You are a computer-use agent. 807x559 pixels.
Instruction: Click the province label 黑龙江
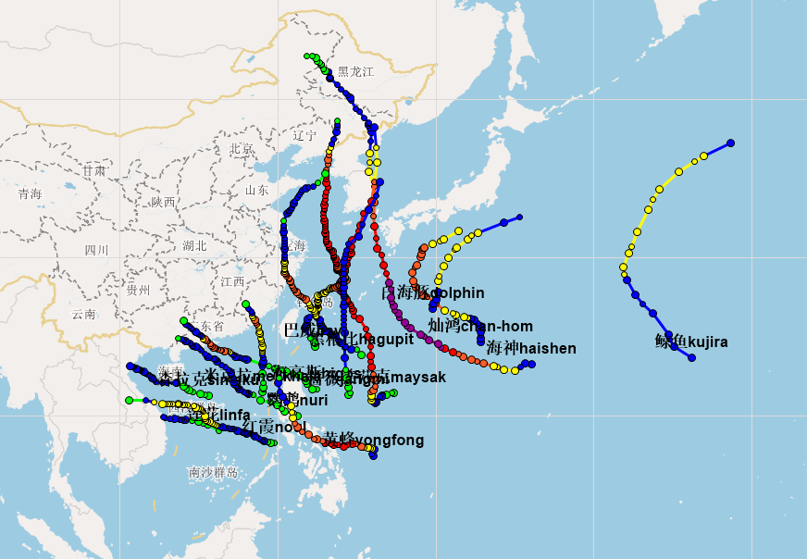tap(355, 71)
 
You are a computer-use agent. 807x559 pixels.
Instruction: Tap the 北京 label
tap(242, 149)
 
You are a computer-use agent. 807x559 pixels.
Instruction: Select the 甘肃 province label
tap(93, 171)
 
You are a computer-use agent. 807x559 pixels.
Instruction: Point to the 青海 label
tap(30, 194)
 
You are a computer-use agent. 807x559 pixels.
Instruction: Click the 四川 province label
tap(96, 250)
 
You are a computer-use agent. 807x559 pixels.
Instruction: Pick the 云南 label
tap(84, 315)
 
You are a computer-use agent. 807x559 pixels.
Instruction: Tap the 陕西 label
tap(163, 202)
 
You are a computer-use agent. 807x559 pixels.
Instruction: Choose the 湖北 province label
tap(195, 246)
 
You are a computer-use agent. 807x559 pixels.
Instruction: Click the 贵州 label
tap(138, 290)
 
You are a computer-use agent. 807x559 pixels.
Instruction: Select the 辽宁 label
tap(304, 135)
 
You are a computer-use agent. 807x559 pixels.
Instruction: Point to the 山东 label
tap(257, 191)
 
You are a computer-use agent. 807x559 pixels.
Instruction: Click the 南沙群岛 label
tap(213, 473)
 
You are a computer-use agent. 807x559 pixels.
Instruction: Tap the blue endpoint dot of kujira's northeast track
tap(730, 143)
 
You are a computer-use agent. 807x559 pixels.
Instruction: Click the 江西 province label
tap(232, 281)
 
